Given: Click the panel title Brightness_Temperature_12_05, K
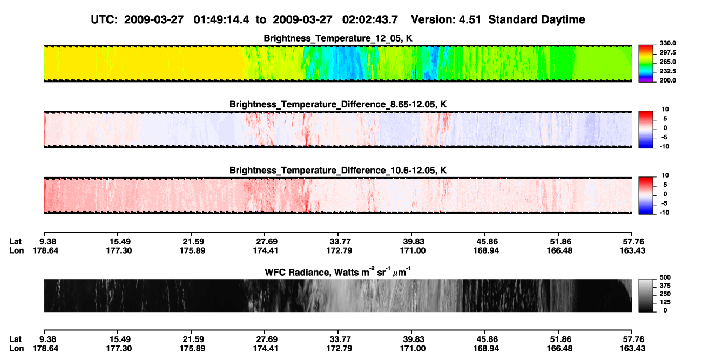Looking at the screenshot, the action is (338, 38).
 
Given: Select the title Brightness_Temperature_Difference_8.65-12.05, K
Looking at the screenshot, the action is (338, 104).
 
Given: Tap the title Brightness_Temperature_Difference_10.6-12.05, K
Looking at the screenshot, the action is (338, 171).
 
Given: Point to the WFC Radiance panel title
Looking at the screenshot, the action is (338, 271).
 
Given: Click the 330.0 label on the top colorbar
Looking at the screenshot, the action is (667, 43).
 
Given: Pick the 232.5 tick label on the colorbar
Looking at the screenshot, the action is (667, 71).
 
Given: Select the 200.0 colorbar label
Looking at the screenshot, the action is (667, 80).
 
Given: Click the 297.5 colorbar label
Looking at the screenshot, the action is (667, 52).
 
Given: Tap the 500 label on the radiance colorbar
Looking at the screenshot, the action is (665, 277).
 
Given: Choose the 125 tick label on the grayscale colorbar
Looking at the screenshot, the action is (665, 302).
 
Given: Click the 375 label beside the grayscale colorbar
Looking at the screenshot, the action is (665, 286).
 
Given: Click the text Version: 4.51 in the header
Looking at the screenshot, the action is (446, 20).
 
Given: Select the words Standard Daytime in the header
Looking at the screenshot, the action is (537, 20).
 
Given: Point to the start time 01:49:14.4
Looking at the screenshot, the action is (221, 20).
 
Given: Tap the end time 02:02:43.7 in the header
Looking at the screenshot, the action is (370, 20).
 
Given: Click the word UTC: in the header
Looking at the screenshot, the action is (104, 20).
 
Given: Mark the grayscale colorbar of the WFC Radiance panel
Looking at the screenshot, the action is (646, 295).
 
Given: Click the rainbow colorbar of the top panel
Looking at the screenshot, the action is (646, 64).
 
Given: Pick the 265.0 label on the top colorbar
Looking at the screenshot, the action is (667, 62).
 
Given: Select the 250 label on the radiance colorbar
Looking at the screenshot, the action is (665, 294).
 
